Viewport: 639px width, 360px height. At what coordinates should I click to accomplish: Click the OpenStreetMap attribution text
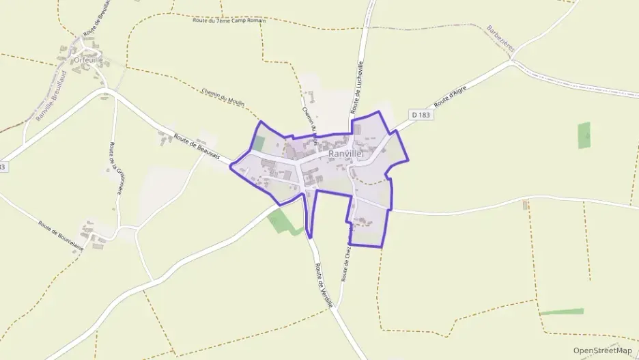tap(602, 350)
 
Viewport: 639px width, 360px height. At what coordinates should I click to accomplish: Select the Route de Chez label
tap(346, 262)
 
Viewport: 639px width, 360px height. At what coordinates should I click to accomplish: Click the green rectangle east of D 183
tap(584, 135)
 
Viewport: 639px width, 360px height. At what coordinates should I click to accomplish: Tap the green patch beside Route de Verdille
tap(282, 221)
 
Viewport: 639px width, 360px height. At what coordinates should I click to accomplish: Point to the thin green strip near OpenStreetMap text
tap(561, 311)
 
